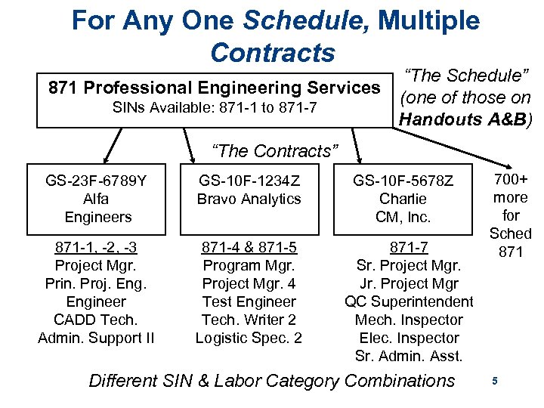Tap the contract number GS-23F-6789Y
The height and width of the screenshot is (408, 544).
pyautogui.click(x=97, y=181)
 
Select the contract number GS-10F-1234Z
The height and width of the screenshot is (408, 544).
pyautogui.click(x=249, y=181)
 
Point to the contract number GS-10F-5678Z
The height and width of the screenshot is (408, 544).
pyautogui.click(x=403, y=181)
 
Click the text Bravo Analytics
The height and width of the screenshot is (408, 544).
pyautogui.click(x=249, y=199)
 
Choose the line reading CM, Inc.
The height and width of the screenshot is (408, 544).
pyautogui.click(x=403, y=217)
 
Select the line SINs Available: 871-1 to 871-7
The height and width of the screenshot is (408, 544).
pyautogui.click(x=214, y=109)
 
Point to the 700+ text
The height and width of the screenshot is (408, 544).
pyautogui.click(x=511, y=181)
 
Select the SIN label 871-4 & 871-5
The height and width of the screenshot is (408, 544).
pyautogui.click(x=249, y=248)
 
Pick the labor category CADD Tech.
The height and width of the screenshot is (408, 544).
pyautogui.click(x=97, y=320)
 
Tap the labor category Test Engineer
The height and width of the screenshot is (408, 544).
pyautogui.click(x=249, y=301)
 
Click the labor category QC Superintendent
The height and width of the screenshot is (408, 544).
pyautogui.click(x=409, y=301)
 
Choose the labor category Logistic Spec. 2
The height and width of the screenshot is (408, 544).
pyautogui.click(x=249, y=338)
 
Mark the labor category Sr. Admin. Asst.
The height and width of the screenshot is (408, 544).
pyautogui.click(x=409, y=356)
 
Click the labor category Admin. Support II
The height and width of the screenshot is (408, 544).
pyautogui.click(x=97, y=338)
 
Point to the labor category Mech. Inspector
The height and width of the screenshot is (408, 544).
pyautogui.click(x=409, y=320)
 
